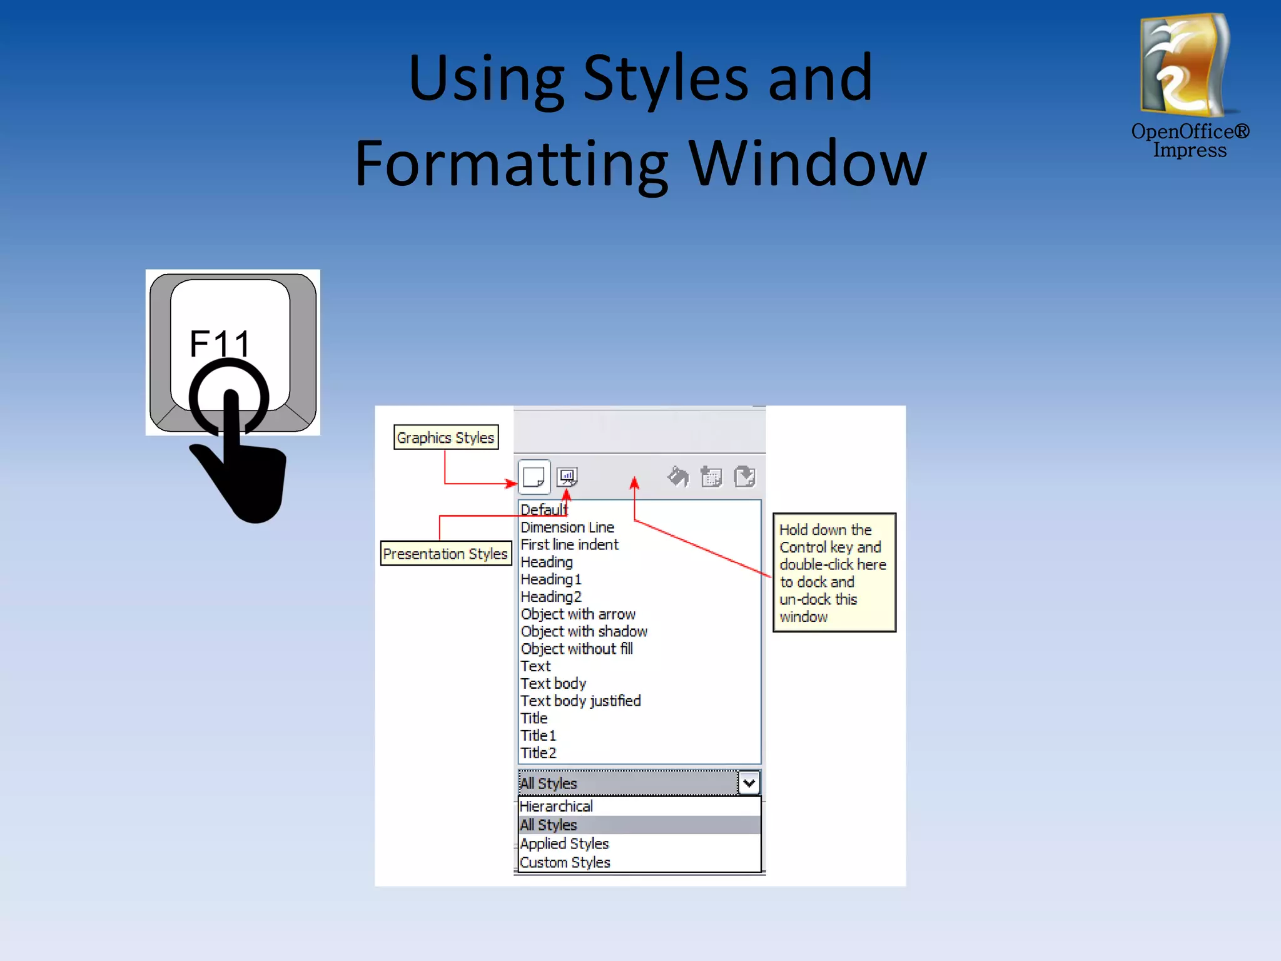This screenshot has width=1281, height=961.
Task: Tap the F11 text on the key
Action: tap(220, 343)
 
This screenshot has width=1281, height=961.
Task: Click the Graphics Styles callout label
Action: tap(445, 437)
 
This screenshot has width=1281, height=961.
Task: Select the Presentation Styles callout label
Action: tap(445, 554)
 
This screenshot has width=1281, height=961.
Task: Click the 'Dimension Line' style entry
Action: tap(567, 527)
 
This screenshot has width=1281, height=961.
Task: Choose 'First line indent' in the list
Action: tap(569, 545)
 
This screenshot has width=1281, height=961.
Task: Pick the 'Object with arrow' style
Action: tap(578, 614)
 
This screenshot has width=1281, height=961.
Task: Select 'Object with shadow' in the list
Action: tap(584, 632)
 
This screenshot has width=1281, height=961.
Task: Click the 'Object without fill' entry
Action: tap(577, 649)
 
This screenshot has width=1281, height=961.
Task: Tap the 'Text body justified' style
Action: tap(580, 701)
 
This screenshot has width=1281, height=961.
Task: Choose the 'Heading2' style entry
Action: tap(551, 597)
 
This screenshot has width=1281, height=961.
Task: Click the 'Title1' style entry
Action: tap(539, 736)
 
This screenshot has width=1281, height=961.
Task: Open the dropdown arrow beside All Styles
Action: tap(749, 783)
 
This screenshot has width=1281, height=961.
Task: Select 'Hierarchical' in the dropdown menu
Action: tap(556, 806)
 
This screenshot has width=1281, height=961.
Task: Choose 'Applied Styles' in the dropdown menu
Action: tap(564, 844)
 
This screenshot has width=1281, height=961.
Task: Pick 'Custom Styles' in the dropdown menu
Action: tap(565, 863)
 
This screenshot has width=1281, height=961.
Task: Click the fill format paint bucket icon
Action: tap(677, 477)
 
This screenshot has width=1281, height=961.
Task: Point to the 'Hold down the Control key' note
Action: tap(834, 572)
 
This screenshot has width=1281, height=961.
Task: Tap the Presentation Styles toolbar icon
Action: tap(567, 477)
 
